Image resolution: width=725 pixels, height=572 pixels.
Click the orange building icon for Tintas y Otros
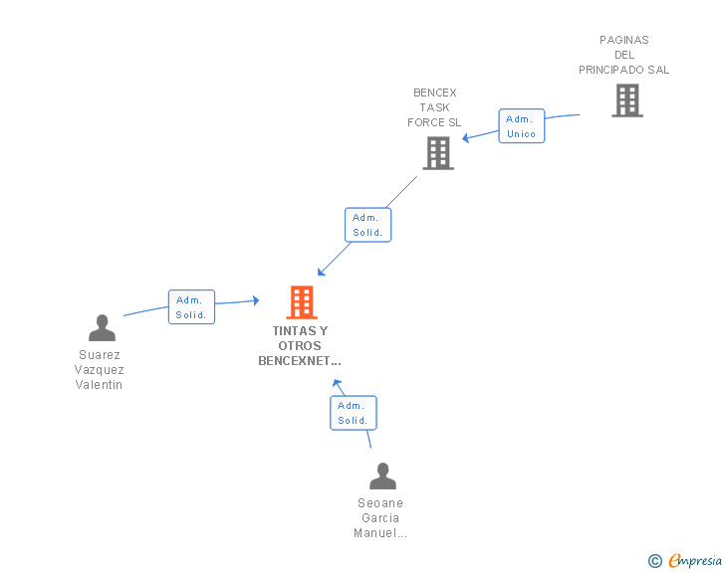302,301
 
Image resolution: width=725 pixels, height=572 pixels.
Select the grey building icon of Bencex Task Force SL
437,152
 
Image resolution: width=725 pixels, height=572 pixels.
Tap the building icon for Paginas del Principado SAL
626,100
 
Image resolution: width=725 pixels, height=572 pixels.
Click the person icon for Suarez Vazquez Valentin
102,327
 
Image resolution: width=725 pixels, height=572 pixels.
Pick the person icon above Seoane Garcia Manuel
382,476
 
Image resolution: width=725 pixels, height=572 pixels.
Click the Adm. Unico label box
521,126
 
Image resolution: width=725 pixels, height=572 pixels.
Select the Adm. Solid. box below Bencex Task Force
367,225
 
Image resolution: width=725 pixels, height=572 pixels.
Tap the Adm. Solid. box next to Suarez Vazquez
190,307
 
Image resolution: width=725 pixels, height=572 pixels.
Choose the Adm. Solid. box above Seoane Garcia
353,413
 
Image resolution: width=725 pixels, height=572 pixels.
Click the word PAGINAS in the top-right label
624,40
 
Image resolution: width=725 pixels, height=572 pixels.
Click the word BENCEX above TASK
434,93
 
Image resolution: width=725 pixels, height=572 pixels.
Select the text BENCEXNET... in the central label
300,360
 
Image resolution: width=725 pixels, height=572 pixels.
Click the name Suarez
100,354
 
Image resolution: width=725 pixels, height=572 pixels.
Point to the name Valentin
100,384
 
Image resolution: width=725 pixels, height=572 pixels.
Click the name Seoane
380,503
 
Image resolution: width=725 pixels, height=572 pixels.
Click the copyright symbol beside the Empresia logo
654,561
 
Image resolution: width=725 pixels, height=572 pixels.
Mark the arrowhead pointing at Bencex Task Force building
466,137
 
